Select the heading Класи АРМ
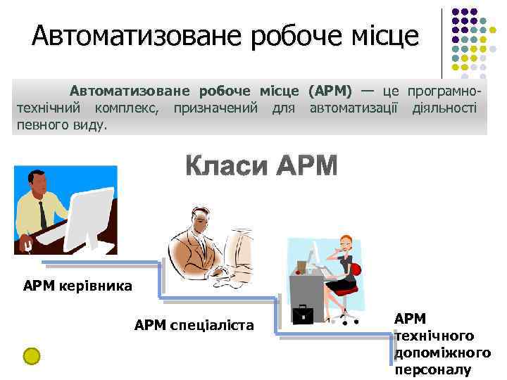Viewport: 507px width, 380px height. coord(262,166)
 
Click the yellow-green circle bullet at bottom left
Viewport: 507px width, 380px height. coord(31,356)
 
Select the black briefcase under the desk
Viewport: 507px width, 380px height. coord(303,314)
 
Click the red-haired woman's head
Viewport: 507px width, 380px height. coord(346,243)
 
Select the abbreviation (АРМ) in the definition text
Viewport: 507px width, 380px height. coord(330,91)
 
